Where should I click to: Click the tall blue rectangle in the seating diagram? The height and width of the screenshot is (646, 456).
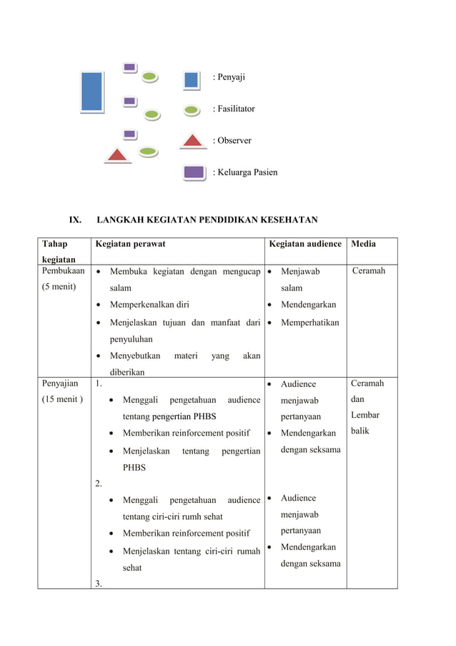click(x=92, y=92)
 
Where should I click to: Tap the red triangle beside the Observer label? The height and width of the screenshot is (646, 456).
click(x=192, y=140)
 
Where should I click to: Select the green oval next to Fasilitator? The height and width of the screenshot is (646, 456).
click(x=192, y=110)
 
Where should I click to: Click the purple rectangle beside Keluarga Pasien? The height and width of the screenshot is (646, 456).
click(x=194, y=172)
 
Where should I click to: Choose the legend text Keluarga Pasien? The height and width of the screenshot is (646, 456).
click(x=245, y=172)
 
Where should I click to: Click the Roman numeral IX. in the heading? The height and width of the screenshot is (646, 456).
click(x=75, y=220)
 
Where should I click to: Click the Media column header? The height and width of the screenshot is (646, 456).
click(x=363, y=244)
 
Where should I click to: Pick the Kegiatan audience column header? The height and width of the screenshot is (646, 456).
click(x=305, y=244)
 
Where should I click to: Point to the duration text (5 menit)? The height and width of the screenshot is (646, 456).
click(x=61, y=288)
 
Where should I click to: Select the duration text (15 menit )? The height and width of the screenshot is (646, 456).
click(x=61, y=399)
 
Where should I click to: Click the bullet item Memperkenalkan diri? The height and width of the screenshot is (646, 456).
click(x=149, y=305)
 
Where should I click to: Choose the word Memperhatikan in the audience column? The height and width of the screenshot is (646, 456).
click(x=309, y=323)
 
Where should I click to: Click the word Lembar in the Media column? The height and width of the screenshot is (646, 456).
click(x=365, y=415)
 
